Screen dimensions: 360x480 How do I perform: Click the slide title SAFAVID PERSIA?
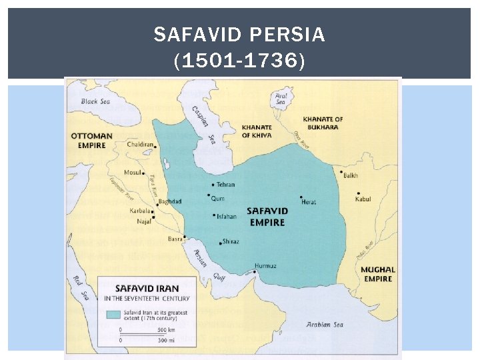[239, 35]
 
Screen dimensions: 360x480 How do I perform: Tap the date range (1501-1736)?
[239, 61]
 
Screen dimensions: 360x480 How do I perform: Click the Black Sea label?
[95, 102]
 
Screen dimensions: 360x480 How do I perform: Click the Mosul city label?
[133, 172]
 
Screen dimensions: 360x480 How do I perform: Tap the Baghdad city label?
[170, 201]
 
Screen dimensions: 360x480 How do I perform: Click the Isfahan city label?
[226, 216]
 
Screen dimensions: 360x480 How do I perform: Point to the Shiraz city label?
[231, 241]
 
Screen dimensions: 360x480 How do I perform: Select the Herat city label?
[309, 202]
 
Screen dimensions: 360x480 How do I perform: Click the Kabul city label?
[363, 199]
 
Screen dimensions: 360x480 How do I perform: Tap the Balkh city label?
[351, 175]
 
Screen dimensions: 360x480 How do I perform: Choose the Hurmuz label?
[265, 265]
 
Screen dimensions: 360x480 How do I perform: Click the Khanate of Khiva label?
[257, 131]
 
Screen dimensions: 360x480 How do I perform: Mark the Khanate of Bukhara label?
[323, 123]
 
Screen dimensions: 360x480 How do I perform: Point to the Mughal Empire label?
[377, 274]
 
